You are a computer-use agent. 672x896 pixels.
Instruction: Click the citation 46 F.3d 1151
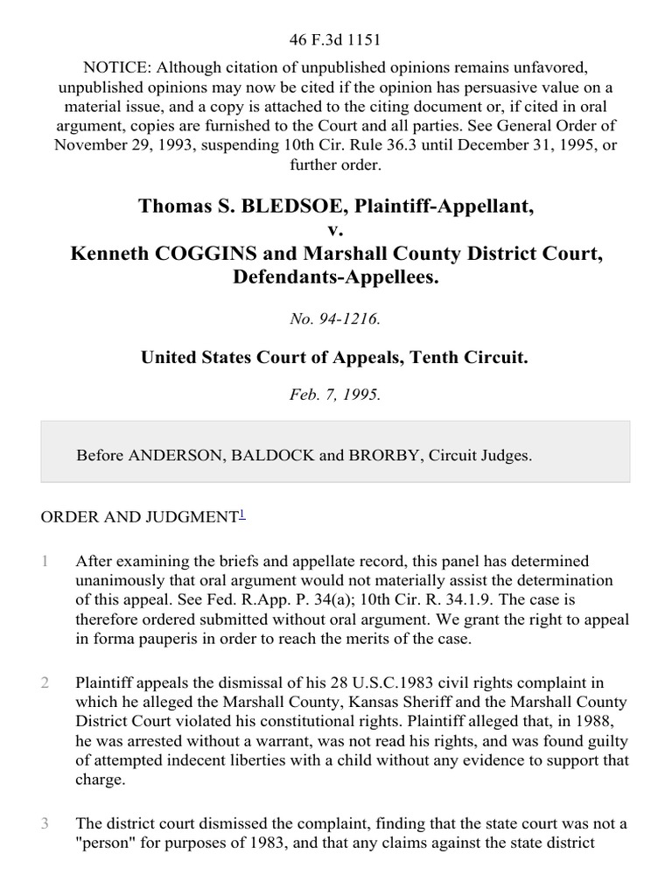[336, 39]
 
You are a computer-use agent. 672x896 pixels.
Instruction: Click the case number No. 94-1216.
[336, 319]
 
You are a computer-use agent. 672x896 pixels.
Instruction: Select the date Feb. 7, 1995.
[336, 395]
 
